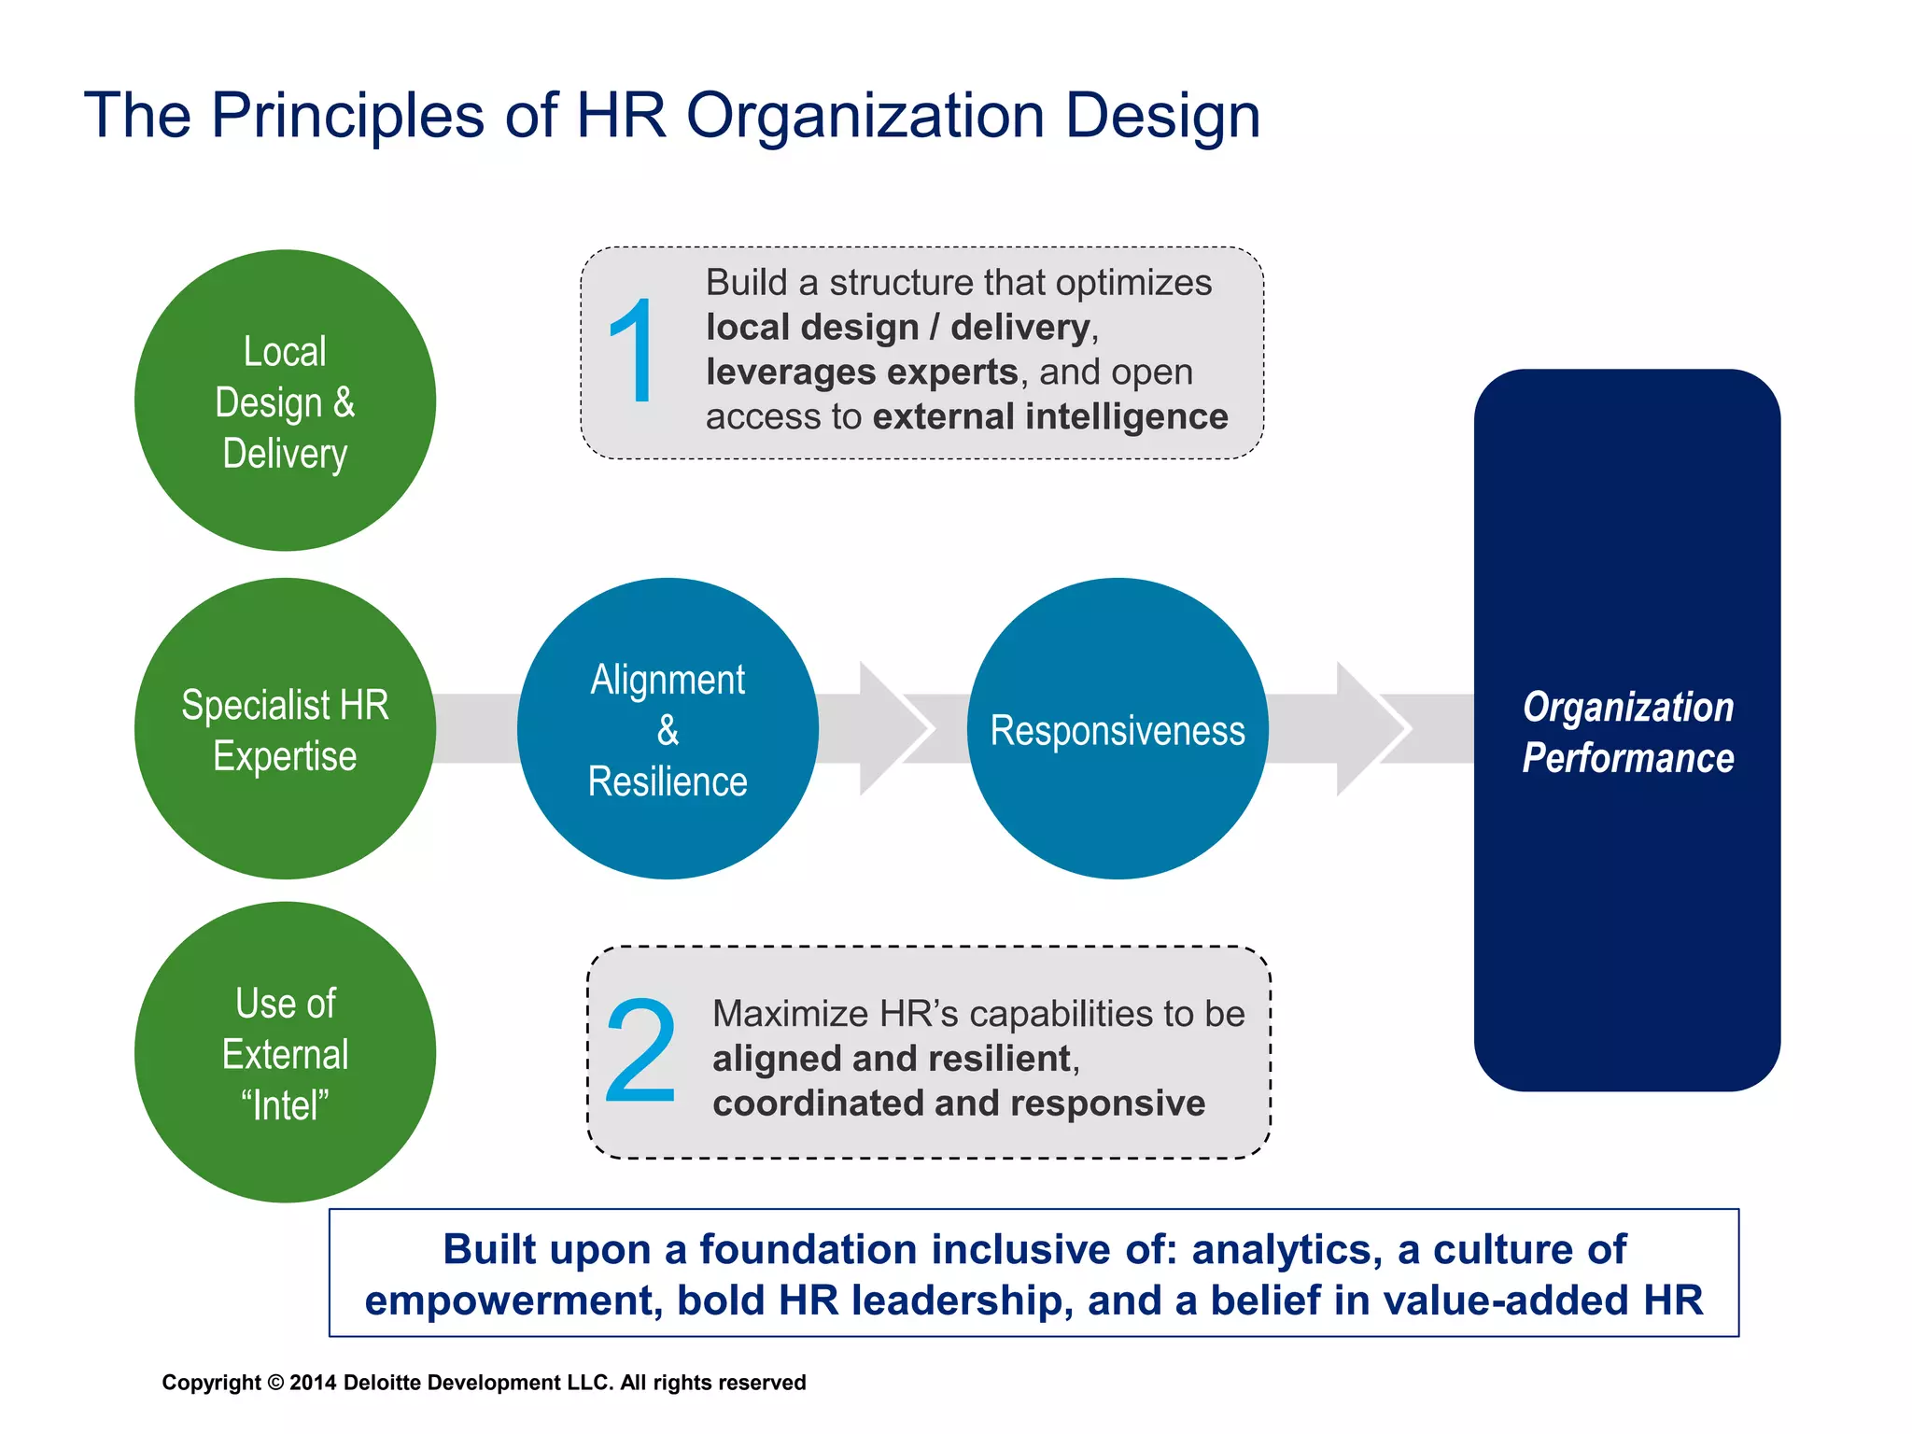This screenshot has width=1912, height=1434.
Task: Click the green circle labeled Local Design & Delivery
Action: click(285, 401)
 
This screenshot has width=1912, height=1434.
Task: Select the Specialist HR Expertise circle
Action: click(285, 729)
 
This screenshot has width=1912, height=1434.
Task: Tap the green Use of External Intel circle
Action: click(285, 1052)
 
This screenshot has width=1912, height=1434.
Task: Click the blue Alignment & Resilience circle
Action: click(668, 729)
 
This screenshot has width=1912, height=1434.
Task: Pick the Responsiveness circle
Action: click(1118, 729)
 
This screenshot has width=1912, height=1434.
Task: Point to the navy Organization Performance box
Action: click(1627, 730)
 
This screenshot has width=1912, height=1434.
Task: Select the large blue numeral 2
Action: click(640, 1051)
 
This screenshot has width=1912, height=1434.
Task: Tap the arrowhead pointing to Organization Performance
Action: click(1371, 729)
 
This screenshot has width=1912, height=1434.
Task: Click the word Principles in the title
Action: click(347, 116)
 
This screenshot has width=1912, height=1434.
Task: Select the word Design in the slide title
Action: click(1162, 116)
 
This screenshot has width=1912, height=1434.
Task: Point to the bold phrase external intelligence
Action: click(1050, 416)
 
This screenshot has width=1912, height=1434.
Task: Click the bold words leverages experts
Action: click(861, 372)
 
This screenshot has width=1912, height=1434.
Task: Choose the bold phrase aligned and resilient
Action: click(891, 1059)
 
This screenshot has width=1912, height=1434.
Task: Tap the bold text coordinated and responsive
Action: click(959, 1104)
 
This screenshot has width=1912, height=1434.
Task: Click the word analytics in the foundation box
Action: click(1286, 1249)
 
